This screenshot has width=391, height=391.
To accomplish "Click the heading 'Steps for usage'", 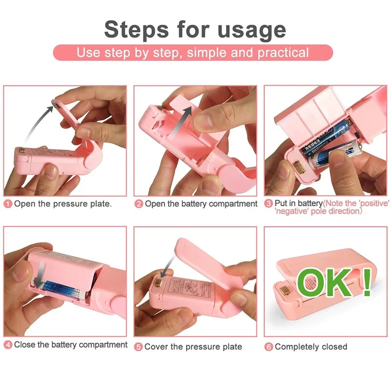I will point(195,29).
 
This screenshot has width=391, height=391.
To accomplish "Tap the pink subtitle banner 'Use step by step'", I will point(193,53).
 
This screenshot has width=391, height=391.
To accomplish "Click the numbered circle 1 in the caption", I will point(8,204).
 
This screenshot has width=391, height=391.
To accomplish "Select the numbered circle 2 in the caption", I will point(139,204).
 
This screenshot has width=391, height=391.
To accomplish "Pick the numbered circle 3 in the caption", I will point(268,203).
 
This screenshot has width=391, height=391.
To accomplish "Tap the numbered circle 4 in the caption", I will point(8,345).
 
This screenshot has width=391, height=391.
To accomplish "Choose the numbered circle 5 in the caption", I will point(139,347).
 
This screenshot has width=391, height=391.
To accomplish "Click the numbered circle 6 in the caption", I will point(268,347).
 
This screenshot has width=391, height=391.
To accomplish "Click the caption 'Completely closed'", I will point(311,347).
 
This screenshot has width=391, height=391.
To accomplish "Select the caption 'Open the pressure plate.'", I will point(63,204).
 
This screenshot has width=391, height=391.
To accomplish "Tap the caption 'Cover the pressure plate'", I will point(194,347).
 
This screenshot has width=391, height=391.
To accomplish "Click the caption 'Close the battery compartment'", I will point(71,345).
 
